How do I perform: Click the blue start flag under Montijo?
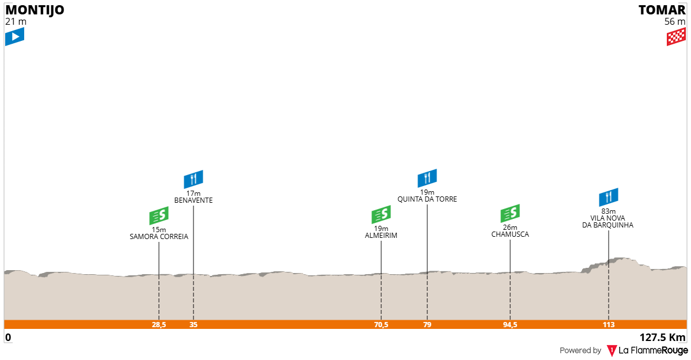coord(14,36)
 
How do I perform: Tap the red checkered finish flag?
coord(676,36)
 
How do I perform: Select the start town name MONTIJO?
coord(35,10)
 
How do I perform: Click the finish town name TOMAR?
coord(662,10)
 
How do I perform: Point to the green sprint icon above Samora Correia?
coord(159,215)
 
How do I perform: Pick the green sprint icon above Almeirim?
coord(381,214)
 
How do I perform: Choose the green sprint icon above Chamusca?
coord(510,213)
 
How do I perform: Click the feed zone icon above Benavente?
coord(193,179)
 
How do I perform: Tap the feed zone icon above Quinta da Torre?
coord(427,178)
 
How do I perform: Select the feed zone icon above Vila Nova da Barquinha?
coord(609,197)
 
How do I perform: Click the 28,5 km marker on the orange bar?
coord(159,324)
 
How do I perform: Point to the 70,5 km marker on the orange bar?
coord(381,324)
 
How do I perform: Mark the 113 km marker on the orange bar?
coord(609,324)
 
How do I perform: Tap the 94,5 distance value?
coord(510,324)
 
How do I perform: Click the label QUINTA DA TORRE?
coord(427,199)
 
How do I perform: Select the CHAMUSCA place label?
coord(510,234)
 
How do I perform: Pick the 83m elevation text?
coord(609,211)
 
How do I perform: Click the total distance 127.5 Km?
coord(662,338)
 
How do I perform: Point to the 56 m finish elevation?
coord(675,21)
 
